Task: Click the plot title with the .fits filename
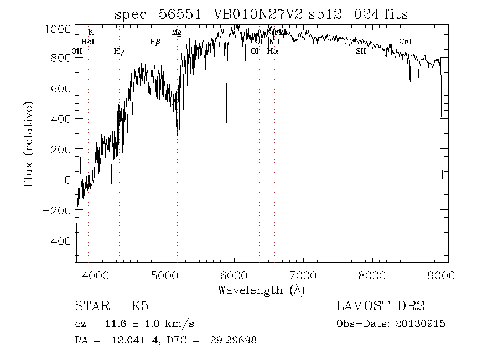point(261,14)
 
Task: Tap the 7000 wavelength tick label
point(303,275)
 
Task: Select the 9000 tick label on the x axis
point(441,275)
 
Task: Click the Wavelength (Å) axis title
point(261,290)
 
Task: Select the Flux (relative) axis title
point(29,144)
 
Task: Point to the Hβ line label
point(155,42)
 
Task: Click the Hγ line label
point(119,52)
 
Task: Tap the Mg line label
point(177,32)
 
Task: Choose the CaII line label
point(407,42)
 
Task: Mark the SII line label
point(361,51)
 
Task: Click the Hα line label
point(272,51)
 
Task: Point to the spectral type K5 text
point(139,306)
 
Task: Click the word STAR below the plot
point(90,306)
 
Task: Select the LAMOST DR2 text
point(380,306)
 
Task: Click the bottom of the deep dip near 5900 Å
point(226,121)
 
